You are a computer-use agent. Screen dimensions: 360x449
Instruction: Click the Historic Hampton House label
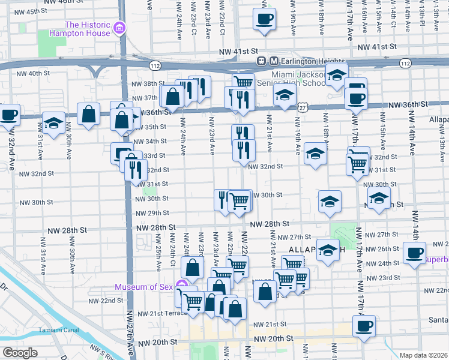pyautogui.click(x=88, y=29)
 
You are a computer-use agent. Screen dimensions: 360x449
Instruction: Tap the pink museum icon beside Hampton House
pyautogui.click(x=119, y=28)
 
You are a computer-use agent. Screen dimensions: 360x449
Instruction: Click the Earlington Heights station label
pyautogui.click(x=313, y=61)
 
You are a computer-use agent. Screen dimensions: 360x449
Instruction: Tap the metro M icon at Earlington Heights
pyautogui.click(x=274, y=61)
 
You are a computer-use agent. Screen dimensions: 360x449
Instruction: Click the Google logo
pyautogui.click(x=20, y=353)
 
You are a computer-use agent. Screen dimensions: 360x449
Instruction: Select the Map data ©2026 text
pyautogui.click(x=423, y=355)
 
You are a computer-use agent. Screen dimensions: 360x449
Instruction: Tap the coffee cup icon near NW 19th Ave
pyautogui.click(x=264, y=19)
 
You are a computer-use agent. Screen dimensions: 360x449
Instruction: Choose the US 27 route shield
pyautogui.click(x=301, y=107)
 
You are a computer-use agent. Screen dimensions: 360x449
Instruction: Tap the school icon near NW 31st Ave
pyautogui.click(x=54, y=124)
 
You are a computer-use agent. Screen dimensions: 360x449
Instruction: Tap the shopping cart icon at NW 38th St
pyautogui.click(x=243, y=83)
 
